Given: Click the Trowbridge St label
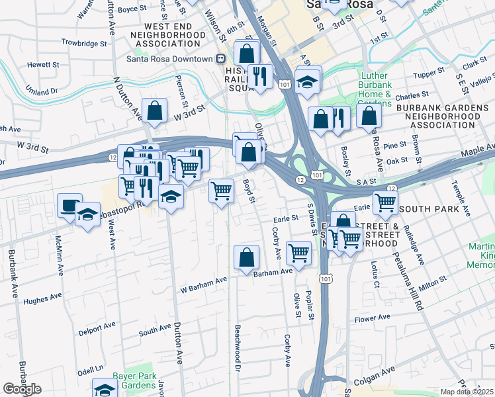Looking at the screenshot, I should [84, 43].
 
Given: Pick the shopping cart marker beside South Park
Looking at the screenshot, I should [385, 202].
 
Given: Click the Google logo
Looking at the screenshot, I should [22, 389].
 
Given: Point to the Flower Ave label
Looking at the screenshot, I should [374, 318].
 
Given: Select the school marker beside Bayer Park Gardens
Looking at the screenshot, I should [105, 388].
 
